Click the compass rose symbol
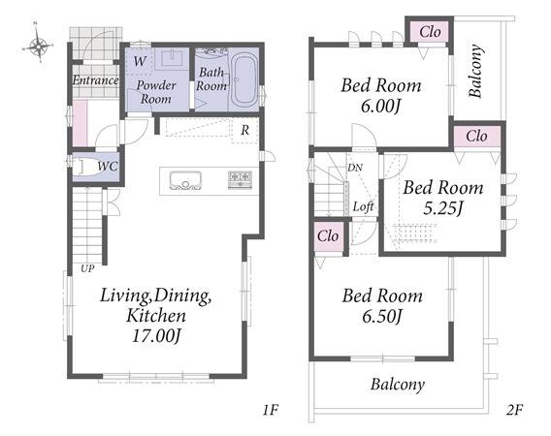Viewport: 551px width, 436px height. pyautogui.click(x=38, y=44)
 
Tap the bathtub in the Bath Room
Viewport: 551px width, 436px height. pyautogui.click(x=244, y=80)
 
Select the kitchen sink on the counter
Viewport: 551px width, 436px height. pyautogui.click(x=185, y=180)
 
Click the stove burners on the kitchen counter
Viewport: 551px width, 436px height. pyautogui.click(x=240, y=180)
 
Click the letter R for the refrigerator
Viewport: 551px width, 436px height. pyautogui.click(x=244, y=131)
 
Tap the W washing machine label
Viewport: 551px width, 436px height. pyautogui.click(x=140, y=61)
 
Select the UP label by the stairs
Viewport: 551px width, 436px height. pyautogui.click(x=87, y=269)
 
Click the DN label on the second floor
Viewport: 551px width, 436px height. pyautogui.click(x=355, y=168)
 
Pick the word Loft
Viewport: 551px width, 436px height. pyautogui.click(x=364, y=206)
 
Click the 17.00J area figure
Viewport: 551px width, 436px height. pyautogui.click(x=156, y=336)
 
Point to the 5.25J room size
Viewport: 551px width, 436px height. pyautogui.click(x=442, y=208)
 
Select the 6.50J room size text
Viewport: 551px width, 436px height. pyautogui.click(x=382, y=317)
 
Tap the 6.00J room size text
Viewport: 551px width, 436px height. pyautogui.click(x=381, y=106)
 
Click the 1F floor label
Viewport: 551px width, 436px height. pyautogui.click(x=271, y=410)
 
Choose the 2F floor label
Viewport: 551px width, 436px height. pyautogui.click(x=515, y=410)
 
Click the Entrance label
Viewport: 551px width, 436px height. pyautogui.click(x=95, y=80)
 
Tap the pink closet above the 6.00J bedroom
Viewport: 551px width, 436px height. pyautogui.click(x=430, y=32)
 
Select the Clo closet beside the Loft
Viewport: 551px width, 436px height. pyautogui.click(x=328, y=236)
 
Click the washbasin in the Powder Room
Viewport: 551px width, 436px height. pyautogui.click(x=173, y=58)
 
